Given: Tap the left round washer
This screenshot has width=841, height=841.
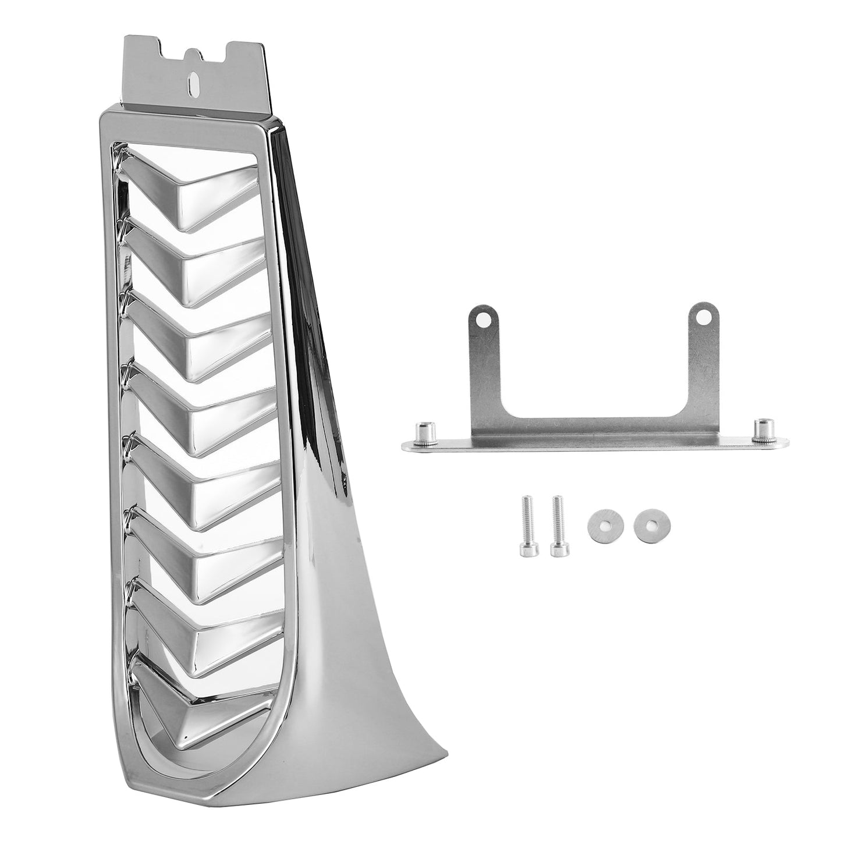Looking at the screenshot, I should (601, 519).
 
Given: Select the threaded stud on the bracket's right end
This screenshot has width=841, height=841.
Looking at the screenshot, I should (762, 428).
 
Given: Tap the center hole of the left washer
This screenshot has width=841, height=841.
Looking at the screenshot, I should (601, 519).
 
